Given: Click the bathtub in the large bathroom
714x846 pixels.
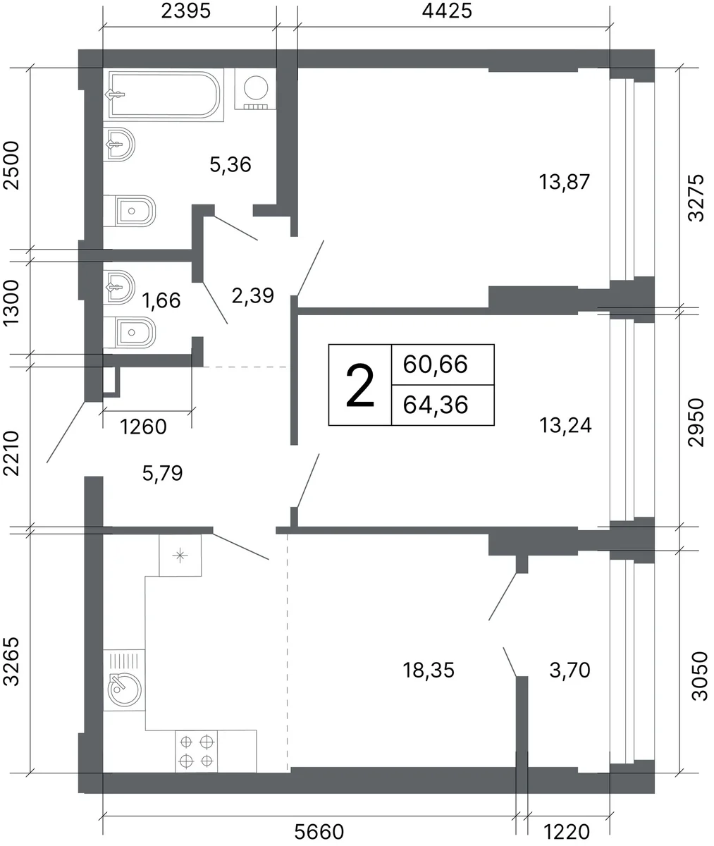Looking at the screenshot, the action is pyautogui.click(x=164, y=94).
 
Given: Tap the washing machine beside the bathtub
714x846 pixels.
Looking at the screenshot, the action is pyautogui.click(x=256, y=89).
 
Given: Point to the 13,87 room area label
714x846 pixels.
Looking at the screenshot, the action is pyautogui.click(x=564, y=182).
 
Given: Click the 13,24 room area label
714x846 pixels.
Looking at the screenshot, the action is pyautogui.click(x=565, y=425).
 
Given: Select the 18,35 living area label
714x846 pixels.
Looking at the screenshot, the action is pyautogui.click(x=429, y=670).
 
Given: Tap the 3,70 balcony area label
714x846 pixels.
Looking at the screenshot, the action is pyautogui.click(x=570, y=670).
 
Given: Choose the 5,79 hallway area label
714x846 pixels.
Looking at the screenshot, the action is pyautogui.click(x=163, y=473).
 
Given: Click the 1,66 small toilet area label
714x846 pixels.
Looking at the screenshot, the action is pyautogui.click(x=161, y=300).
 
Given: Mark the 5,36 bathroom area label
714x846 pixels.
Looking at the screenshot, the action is pyautogui.click(x=230, y=164).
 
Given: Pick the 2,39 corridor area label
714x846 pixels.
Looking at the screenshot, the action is pyautogui.click(x=253, y=296).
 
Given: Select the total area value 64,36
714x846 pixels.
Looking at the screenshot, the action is pyautogui.click(x=436, y=405).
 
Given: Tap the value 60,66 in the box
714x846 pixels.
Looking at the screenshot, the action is pyautogui.click(x=435, y=364).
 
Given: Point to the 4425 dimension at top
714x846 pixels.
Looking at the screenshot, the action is pyautogui.click(x=447, y=11).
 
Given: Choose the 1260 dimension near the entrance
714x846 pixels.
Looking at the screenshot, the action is pyautogui.click(x=144, y=427).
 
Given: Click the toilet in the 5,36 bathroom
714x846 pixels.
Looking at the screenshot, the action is pyautogui.click(x=129, y=211).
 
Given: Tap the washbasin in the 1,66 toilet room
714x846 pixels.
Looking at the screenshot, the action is pyautogui.click(x=118, y=287).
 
